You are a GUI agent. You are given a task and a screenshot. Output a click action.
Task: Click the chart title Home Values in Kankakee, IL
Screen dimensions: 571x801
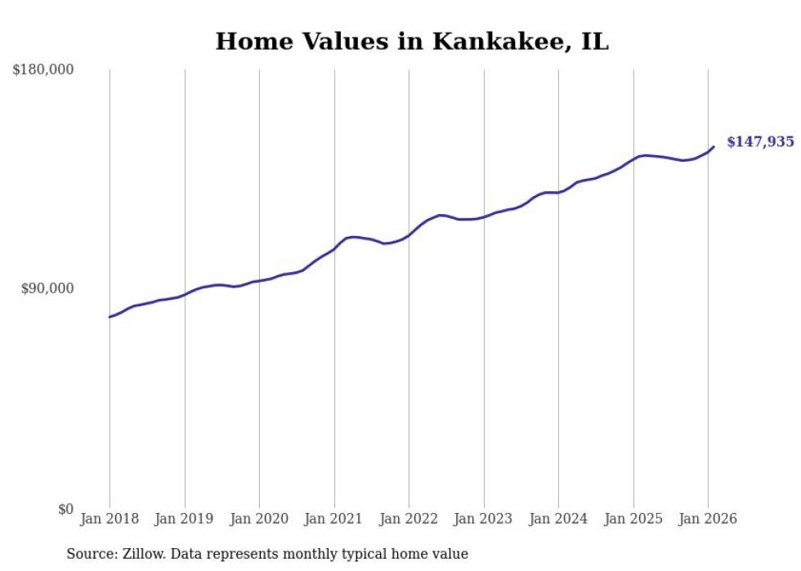412,42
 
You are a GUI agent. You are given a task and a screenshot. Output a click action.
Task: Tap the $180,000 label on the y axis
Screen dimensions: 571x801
43,70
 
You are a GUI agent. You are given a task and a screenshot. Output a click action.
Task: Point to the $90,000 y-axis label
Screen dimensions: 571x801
47,288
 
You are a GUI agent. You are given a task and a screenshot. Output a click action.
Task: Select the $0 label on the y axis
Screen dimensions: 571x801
65,510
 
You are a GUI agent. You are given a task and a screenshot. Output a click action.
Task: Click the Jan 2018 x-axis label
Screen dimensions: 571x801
110,519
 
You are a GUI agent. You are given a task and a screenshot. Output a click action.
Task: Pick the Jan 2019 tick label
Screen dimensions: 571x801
185,519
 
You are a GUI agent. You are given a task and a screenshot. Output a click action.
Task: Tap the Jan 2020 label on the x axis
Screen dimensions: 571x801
259,519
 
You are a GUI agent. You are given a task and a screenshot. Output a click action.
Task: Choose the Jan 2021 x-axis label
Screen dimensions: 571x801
334,519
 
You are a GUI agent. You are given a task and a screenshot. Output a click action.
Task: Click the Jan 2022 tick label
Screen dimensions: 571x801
409,519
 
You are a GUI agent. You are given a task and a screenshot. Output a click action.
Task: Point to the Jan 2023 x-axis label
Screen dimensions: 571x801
484,519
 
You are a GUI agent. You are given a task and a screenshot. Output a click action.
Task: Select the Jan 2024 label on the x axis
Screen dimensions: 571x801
558,519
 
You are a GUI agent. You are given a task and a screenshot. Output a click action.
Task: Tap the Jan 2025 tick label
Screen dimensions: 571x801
633,519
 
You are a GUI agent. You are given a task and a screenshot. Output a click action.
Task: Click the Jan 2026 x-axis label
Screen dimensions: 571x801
708,519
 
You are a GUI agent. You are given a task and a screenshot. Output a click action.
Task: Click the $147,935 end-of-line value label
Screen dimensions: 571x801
760,142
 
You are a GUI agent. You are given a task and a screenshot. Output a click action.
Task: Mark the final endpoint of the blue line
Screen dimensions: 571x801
714,147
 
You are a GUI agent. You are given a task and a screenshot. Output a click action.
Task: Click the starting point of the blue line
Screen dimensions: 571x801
110,317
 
